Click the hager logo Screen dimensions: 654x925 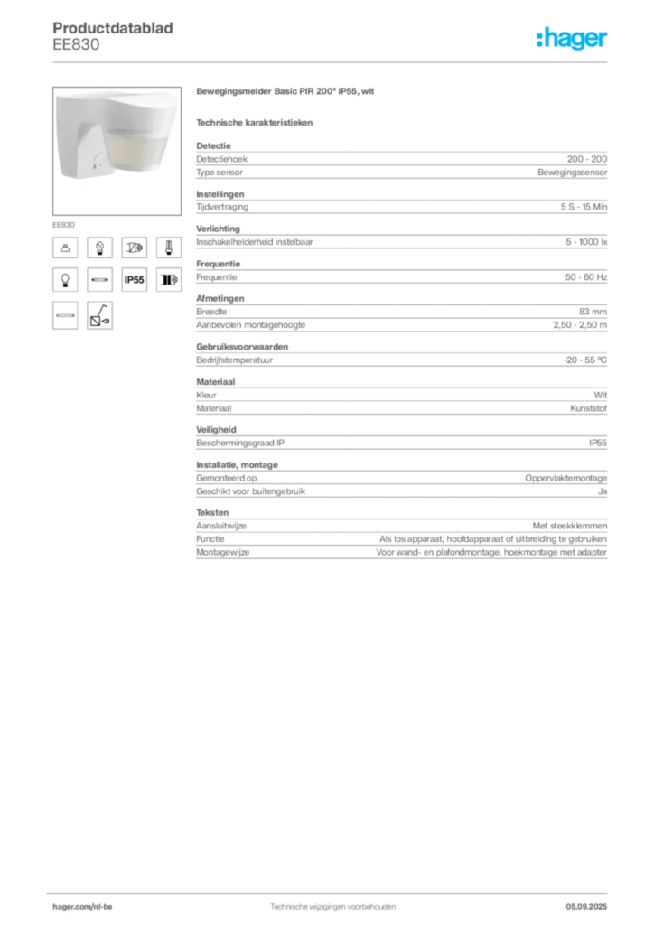click(x=571, y=38)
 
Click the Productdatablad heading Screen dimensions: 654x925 click(x=113, y=28)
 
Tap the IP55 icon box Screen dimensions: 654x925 click(x=134, y=280)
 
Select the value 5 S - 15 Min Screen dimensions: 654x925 click(x=584, y=207)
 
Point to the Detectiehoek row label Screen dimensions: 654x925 click(x=221, y=159)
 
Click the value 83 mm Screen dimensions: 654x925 click(x=593, y=312)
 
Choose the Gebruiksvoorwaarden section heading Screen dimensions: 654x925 click(x=242, y=347)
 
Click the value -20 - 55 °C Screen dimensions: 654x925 click(x=584, y=360)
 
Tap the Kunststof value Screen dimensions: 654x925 click(x=588, y=408)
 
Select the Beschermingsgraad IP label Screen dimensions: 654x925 click(x=240, y=443)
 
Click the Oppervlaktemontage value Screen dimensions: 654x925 click(x=565, y=478)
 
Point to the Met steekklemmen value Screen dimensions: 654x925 click(x=570, y=526)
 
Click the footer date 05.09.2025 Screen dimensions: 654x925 click(x=586, y=907)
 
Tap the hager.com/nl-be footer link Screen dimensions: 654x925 click(x=82, y=907)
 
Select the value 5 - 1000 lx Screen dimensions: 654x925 click(x=586, y=242)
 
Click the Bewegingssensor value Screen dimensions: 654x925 click(x=572, y=173)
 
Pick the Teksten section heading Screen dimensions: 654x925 click(x=212, y=513)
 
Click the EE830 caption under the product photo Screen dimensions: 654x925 click(x=64, y=225)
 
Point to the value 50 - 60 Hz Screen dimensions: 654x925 click(x=585, y=277)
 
